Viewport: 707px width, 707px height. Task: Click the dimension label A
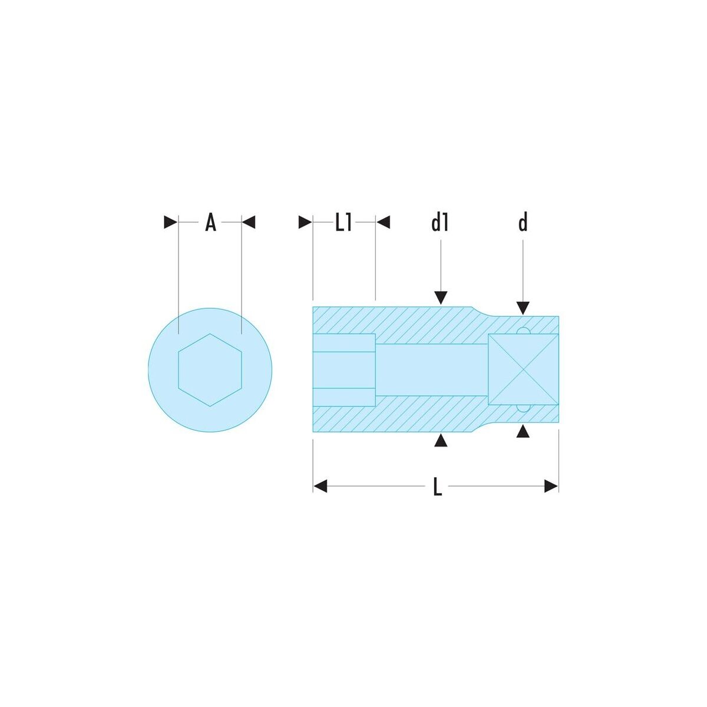click(210, 222)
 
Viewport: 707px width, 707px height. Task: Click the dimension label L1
click(343, 222)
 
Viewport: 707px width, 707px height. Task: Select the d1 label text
click(440, 222)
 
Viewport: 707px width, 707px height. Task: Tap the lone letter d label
click(523, 222)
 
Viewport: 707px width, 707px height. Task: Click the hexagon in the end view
click(210, 370)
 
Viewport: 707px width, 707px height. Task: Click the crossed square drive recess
click(523, 369)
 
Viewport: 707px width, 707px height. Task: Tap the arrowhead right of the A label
click(249, 222)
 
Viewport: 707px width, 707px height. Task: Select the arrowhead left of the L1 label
click(305, 222)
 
